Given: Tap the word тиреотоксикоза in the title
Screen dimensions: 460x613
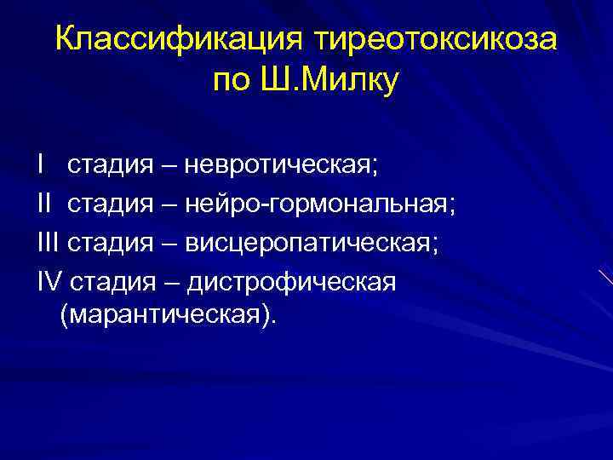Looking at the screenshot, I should coord(436,40).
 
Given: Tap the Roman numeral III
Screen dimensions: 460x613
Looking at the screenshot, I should coord(49,243).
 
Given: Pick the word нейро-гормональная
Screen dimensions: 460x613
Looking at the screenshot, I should coord(329,204).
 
